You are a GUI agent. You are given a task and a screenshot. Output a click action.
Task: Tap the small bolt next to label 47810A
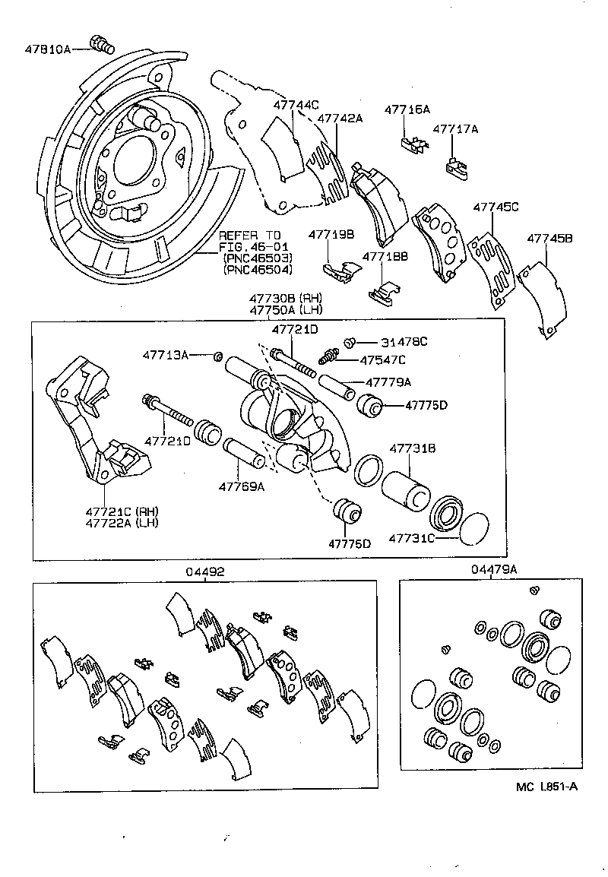click(100, 45)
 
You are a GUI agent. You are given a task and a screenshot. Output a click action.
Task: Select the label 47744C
click(296, 105)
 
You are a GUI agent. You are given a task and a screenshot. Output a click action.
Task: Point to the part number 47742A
click(340, 118)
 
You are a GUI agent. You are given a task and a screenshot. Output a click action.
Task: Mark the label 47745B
click(549, 239)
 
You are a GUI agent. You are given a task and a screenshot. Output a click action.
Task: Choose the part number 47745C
click(496, 206)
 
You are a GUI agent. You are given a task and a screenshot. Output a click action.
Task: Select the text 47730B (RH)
click(287, 297)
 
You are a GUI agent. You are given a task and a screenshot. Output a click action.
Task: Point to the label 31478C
click(404, 342)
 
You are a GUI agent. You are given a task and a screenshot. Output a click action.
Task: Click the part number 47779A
click(388, 382)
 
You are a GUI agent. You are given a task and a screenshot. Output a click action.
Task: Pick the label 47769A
click(242, 486)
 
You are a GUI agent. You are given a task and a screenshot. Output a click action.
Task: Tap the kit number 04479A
click(493, 569)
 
